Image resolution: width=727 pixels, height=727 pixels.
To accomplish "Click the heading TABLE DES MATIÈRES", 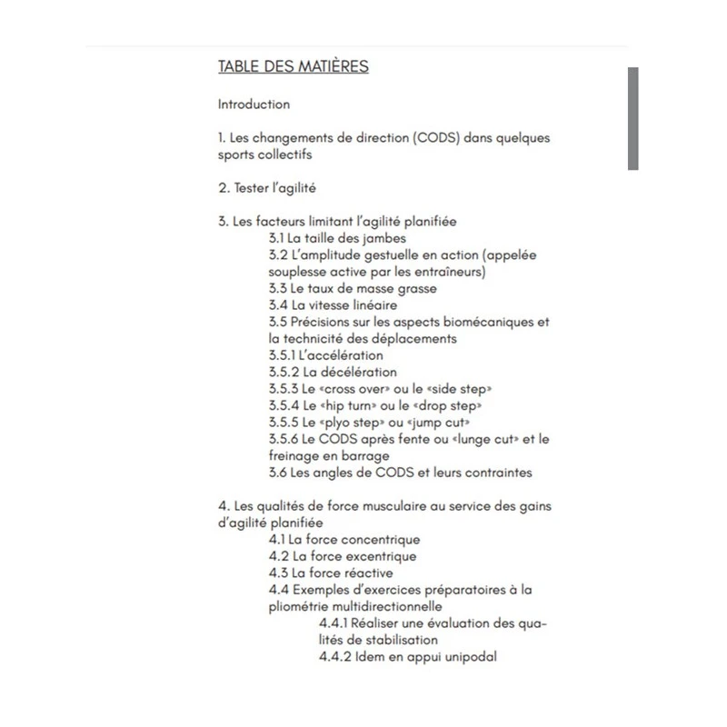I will tap(293, 67).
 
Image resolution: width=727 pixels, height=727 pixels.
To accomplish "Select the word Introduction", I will tap(254, 105).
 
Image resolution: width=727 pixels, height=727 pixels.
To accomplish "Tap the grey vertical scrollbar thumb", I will tap(632, 118).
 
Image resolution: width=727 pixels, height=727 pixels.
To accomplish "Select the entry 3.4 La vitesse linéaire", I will tap(333, 305).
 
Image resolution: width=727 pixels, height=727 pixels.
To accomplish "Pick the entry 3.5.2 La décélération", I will tap(333, 372).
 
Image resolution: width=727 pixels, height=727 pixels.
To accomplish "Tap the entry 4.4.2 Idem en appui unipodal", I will tap(408, 656).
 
